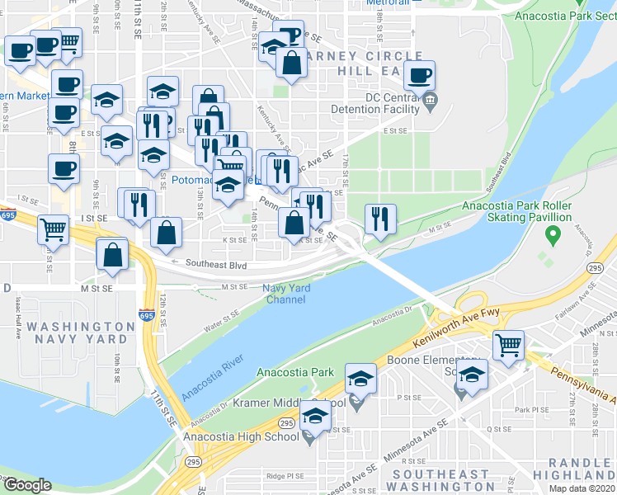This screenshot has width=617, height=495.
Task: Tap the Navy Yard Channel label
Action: pyautogui.click(x=285, y=294)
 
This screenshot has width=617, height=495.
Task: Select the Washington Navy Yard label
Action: pyautogui.click(x=78, y=333)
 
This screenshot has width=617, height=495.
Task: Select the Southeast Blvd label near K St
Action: pyautogui.click(x=217, y=265)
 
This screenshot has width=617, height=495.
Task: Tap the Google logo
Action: pyautogui.click(x=28, y=485)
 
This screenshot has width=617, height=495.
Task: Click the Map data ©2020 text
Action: pyautogui.click(x=582, y=488)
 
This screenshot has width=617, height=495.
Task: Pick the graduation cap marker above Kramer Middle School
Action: pyautogui.click(x=360, y=379)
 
